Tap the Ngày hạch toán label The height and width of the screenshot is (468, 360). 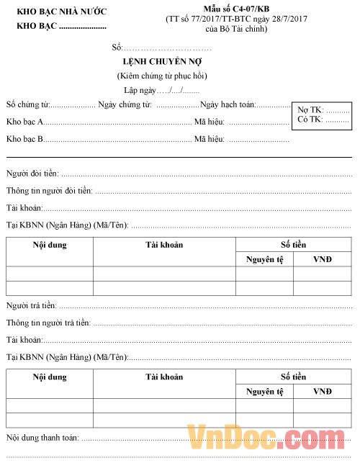pyautogui.click(x=228, y=104)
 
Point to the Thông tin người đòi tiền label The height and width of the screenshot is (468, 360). pyautogui.click(x=49, y=191)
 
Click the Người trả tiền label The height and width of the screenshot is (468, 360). pyautogui.click(x=31, y=306)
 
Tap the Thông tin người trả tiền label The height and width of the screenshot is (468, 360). pyautogui.click(x=48, y=323)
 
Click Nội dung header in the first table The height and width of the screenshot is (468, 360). pyautogui.click(x=50, y=245)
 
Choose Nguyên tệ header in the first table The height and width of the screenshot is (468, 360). pyautogui.click(x=264, y=259)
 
